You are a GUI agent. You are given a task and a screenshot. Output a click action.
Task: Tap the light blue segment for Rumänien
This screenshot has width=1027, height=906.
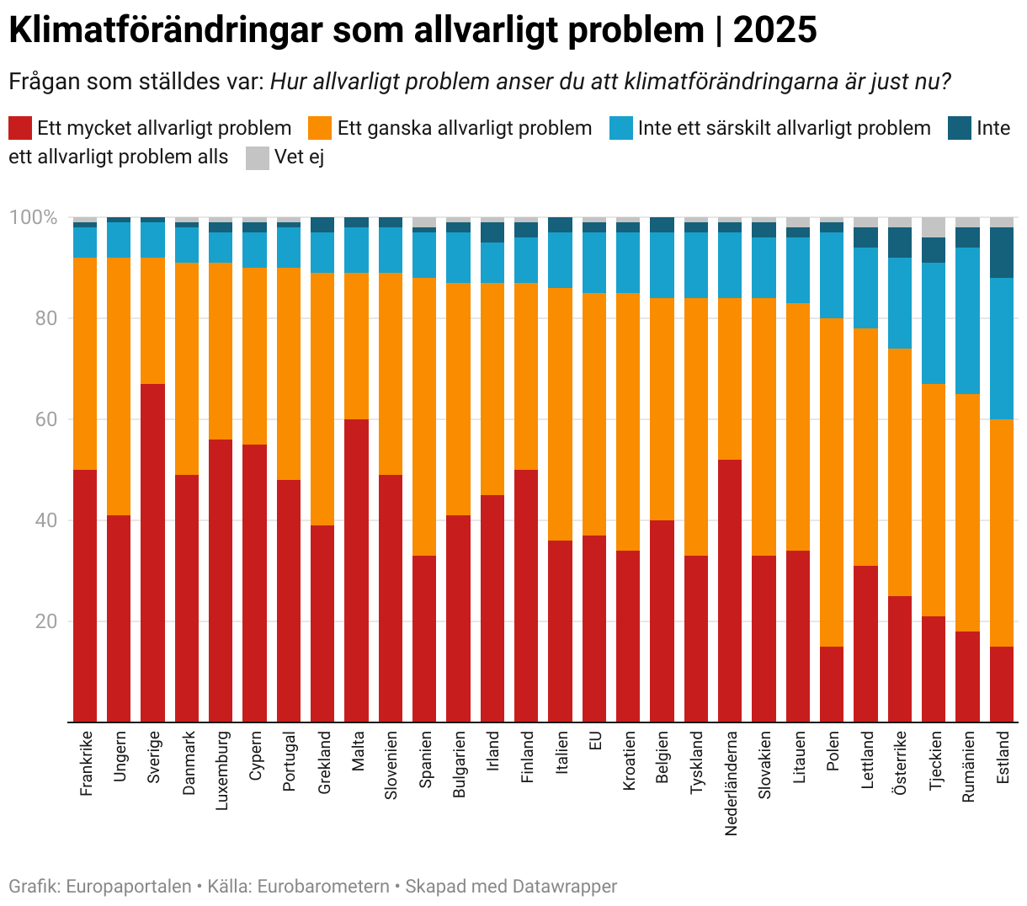tap(968, 321)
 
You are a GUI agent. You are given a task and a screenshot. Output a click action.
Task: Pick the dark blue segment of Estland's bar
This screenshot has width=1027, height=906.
tap(1002, 253)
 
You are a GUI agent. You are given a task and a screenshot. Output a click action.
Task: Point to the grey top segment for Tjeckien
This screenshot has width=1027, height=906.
tap(934, 226)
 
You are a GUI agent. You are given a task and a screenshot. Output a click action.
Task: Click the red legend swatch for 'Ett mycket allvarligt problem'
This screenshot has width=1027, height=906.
tap(20, 128)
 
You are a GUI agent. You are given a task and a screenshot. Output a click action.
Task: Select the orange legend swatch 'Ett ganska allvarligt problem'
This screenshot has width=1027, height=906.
tap(320, 128)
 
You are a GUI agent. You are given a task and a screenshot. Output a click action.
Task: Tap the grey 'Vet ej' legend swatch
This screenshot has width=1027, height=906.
tap(258, 157)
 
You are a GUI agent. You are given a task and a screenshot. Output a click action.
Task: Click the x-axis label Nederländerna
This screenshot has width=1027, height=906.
tap(731, 783)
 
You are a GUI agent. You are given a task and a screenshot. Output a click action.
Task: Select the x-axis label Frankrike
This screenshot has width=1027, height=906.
tap(85, 763)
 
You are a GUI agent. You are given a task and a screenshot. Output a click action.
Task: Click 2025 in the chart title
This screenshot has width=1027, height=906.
tap(774, 30)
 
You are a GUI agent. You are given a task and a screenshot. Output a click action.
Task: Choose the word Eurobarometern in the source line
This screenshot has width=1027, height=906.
tap(323, 887)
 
